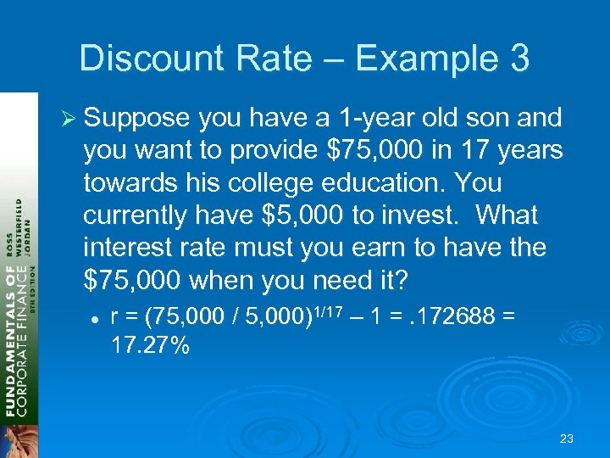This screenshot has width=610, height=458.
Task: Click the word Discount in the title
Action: [x=145, y=59]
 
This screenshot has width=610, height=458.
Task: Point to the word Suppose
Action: [x=138, y=118]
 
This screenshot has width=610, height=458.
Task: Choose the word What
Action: [x=507, y=215]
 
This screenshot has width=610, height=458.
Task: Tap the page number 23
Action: [x=567, y=438]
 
